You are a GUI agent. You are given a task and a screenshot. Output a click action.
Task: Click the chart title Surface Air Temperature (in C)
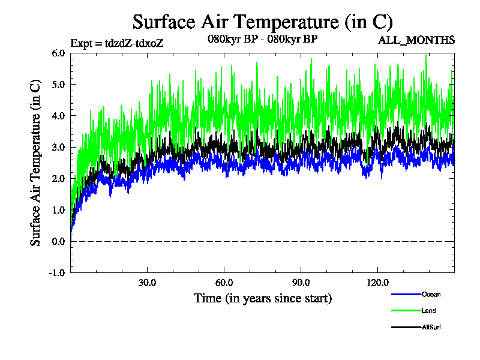click(x=262, y=22)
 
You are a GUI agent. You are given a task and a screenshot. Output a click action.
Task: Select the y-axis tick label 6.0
click(x=59, y=53)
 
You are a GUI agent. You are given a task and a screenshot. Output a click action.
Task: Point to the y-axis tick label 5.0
click(x=59, y=84)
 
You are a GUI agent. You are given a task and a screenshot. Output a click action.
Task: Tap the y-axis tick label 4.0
click(x=59, y=116)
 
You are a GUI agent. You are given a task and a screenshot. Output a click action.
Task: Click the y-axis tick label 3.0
click(x=59, y=147)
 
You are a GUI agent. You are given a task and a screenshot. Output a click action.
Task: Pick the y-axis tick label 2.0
click(x=59, y=178)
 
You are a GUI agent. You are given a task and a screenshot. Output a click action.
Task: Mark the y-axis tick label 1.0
click(x=59, y=210)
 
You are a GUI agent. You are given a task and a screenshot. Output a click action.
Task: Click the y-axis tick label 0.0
click(x=59, y=241)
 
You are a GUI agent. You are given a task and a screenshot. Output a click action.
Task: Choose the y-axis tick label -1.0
click(x=58, y=272)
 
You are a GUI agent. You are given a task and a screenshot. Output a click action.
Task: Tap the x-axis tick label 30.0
click(x=147, y=283)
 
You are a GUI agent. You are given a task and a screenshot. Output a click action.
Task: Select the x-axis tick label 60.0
click(x=224, y=283)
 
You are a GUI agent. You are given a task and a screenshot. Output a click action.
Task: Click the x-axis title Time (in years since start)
click(x=262, y=298)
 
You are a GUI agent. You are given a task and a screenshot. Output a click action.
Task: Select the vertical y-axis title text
click(x=36, y=163)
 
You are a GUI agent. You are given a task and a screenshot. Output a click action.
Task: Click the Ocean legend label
click(x=431, y=295)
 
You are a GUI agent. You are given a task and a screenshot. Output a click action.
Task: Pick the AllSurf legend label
click(x=432, y=327)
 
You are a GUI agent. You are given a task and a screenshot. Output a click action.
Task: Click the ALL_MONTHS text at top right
click(x=416, y=40)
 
